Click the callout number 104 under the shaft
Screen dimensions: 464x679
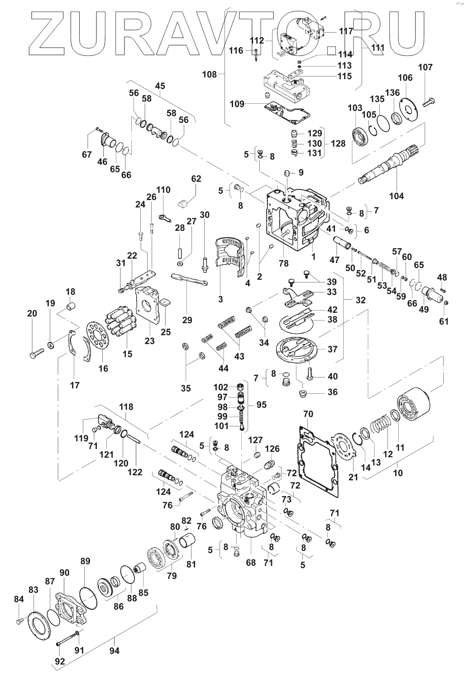click(x=397, y=196)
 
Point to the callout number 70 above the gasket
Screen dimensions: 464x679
click(x=308, y=414)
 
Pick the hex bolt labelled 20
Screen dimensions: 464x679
click(x=37, y=353)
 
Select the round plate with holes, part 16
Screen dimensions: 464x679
click(x=98, y=336)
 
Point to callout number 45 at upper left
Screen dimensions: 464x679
click(x=160, y=86)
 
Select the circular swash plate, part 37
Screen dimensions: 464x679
click(x=298, y=349)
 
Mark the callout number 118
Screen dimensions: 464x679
click(x=126, y=407)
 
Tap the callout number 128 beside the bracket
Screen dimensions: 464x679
click(x=338, y=143)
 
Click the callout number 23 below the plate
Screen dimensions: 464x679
click(x=149, y=341)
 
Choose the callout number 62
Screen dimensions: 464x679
click(x=196, y=178)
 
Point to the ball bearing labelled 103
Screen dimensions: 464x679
click(x=360, y=135)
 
